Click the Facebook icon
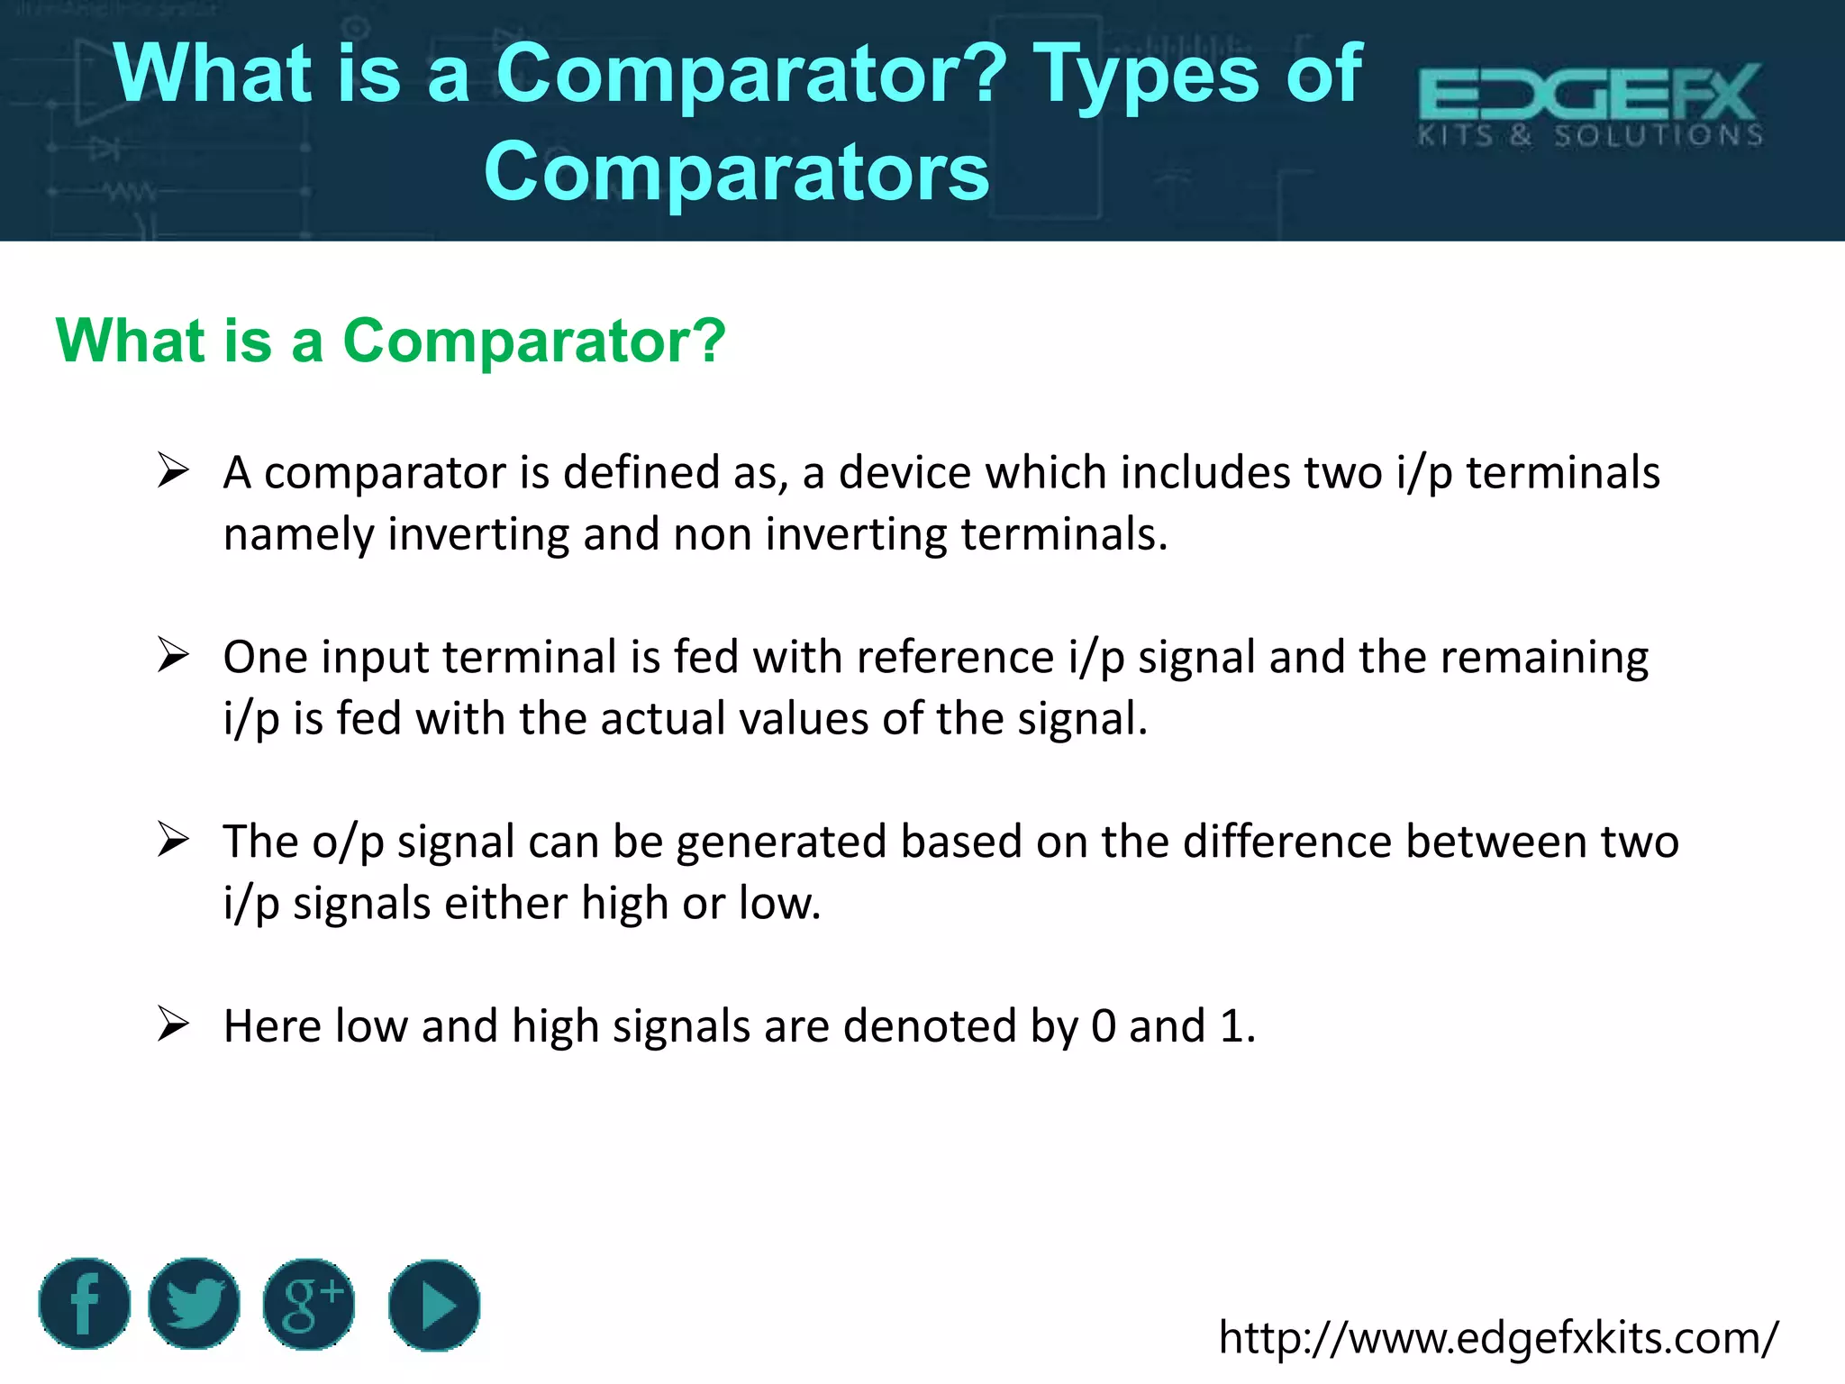[x=85, y=1304]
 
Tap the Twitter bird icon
[x=194, y=1304]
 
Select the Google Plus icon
[x=309, y=1304]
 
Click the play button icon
[x=434, y=1305]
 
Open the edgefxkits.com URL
[x=1498, y=1337]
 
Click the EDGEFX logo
[x=1590, y=105]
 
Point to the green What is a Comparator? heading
[x=391, y=341]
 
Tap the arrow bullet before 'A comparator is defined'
[x=172, y=470]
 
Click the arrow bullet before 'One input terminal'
[x=172, y=655]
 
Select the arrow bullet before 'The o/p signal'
[x=172, y=840]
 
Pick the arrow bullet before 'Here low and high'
[x=172, y=1024]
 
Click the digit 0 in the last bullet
[x=1104, y=1026]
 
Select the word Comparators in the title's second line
[x=737, y=173]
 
